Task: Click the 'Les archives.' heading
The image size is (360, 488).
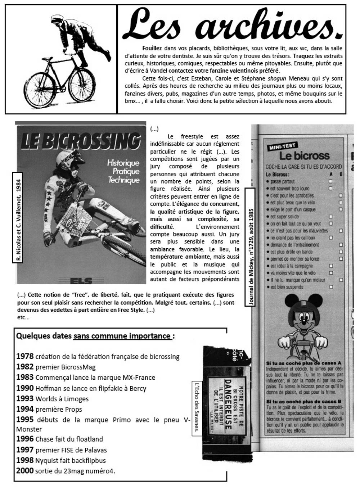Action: tap(232, 24)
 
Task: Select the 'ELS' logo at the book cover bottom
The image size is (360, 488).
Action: tap(81, 280)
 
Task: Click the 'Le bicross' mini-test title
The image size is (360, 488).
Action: tap(304, 155)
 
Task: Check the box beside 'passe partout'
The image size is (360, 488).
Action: tap(330, 181)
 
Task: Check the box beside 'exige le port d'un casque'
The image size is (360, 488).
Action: tap(341, 209)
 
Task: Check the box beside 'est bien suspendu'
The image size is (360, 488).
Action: tap(330, 287)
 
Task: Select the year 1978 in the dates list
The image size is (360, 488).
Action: tap(25, 356)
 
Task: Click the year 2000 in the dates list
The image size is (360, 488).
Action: tap(25, 471)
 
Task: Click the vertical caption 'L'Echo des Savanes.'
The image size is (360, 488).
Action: tap(197, 409)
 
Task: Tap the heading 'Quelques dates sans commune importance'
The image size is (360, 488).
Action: tap(95, 336)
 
